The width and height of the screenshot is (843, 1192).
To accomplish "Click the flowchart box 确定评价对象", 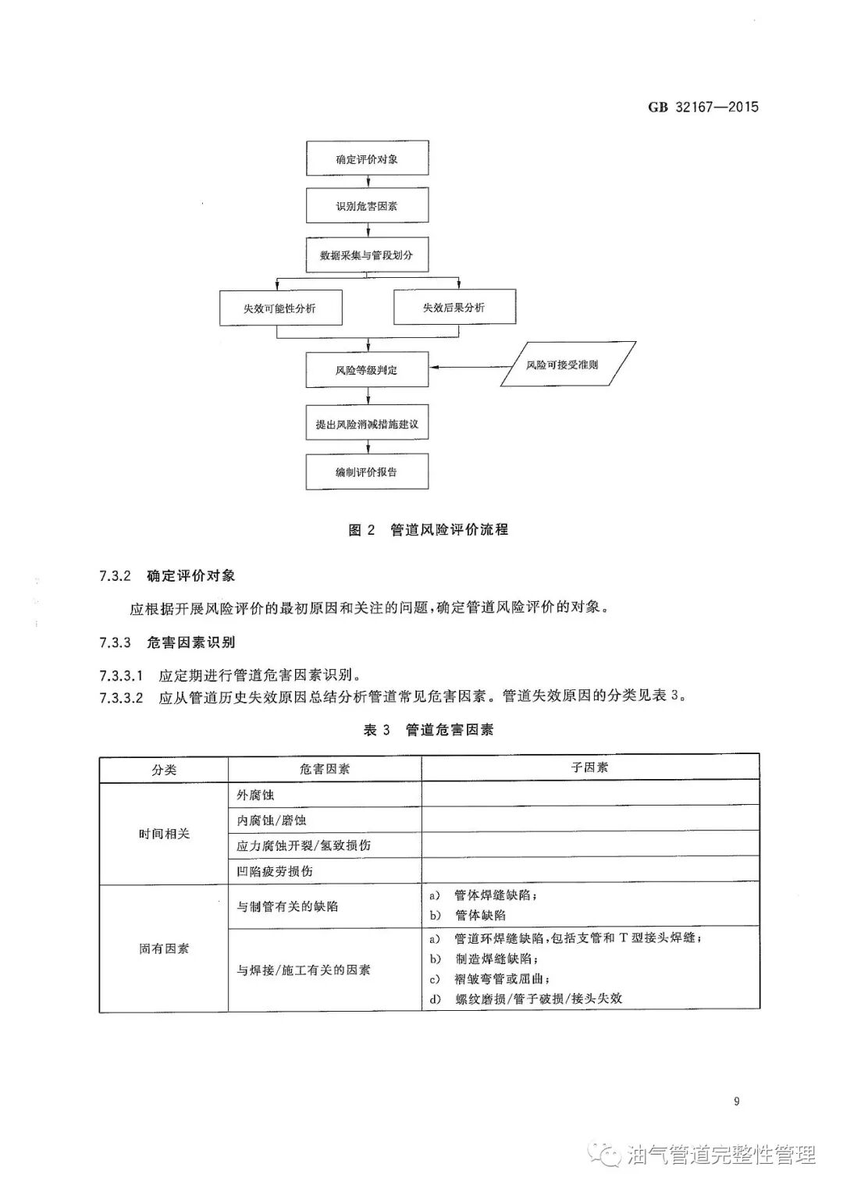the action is coord(367,160).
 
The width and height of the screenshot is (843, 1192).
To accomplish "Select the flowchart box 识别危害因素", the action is coord(367,207).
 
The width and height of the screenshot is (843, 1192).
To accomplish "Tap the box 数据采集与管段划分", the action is coord(367,255).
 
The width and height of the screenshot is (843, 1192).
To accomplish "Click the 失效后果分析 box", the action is coord(454,308).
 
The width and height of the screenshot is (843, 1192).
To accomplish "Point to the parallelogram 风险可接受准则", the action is coord(563,365).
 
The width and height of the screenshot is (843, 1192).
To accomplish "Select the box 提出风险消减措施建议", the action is coord(367,425).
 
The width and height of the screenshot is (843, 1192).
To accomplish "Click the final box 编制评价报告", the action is coord(367,472).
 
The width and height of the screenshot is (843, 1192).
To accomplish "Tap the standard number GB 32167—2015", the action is coord(703,107).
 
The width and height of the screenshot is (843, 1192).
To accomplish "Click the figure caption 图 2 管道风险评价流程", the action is coord(428,530).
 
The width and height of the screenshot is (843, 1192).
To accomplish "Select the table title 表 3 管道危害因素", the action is coord(428,730).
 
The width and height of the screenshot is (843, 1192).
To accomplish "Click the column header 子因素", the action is coord(589,768).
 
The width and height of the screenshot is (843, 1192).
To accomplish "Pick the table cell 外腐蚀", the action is coord(255,795).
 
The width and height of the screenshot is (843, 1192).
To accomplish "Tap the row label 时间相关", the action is coord(164,834).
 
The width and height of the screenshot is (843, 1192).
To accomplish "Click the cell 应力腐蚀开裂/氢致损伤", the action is coord(304,845).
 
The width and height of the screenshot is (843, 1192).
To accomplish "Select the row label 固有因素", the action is coord(164,949).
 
